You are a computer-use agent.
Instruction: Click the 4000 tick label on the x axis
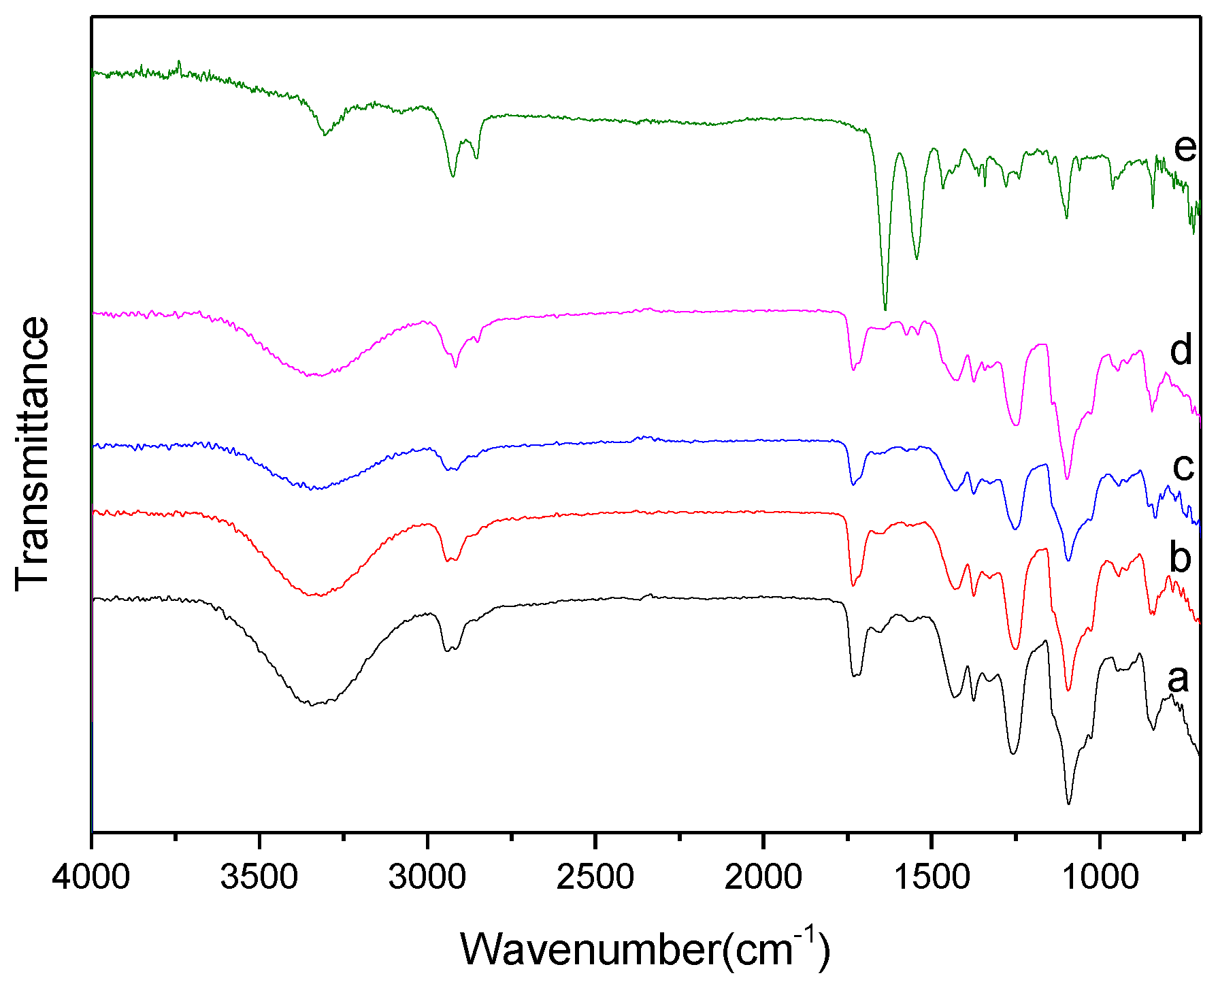tap(91, 877)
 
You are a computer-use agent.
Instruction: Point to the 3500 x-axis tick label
tap(259, 877)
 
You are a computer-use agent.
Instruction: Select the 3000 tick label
tap(427, 877)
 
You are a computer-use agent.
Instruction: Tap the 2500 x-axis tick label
tap(595, 877)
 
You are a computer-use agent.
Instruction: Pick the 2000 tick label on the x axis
tap(763, 877)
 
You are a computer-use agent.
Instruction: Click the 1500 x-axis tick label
tap(932, 877)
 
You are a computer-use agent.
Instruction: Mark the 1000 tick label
tap(1100, 877)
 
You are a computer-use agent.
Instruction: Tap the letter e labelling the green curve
tap(1185, 148)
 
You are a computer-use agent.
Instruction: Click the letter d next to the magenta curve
tap(1181, 350)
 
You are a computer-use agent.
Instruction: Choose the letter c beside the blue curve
tap(1183, 467)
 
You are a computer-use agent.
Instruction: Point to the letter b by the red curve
tap(1181, 557)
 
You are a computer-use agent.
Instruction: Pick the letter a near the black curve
tap(1179, 678)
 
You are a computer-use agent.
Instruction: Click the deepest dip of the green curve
tap(885, 310)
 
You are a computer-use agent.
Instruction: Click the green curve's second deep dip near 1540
tap(917, 259)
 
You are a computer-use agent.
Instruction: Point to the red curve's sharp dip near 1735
tap(853, 585)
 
